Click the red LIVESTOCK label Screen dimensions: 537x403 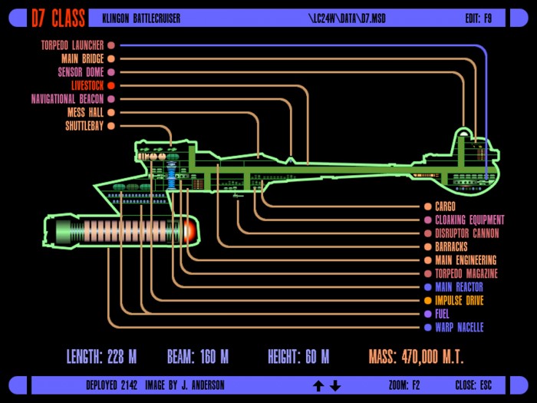87,86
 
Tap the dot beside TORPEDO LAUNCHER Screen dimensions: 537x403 111,45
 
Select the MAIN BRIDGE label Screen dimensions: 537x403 83,59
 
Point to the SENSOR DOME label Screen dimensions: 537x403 81,72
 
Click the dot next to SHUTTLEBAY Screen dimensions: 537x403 111,126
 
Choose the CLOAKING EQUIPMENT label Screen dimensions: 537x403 469,220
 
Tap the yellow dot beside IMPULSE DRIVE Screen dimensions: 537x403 428,301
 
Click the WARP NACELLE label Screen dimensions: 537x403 460,328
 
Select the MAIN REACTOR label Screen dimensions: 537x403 459,287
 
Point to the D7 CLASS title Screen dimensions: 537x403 58,18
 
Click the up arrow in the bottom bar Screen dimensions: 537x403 318,386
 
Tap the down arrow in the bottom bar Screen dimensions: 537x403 335,386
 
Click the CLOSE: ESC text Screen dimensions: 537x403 473,385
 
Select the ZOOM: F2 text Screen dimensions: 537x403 404,385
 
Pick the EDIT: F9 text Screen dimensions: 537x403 479,18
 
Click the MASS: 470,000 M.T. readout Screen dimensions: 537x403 416,357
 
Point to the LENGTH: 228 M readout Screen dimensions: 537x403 101,357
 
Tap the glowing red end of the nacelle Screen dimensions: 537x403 190,230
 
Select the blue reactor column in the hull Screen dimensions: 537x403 171,176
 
